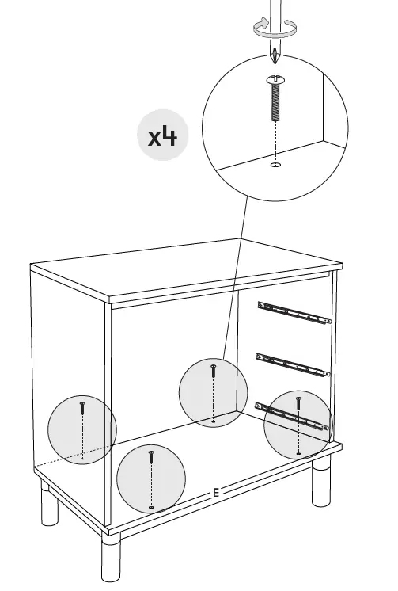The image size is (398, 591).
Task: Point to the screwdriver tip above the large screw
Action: pos(275,57)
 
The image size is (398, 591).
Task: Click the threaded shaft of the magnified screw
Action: pos(275,101)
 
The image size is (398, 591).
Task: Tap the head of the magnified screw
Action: pos(275,79)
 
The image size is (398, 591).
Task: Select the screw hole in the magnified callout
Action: pos(275,166)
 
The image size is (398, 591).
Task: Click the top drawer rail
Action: pos(294,312)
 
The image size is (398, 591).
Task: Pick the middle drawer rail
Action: pos(294,363)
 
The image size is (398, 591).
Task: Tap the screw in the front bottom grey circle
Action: pos(151,459)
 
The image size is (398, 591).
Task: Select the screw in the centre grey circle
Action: pos(213,371)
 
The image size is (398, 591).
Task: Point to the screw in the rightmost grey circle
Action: pos(298,405)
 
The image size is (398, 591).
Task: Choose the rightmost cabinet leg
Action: pos(321,485)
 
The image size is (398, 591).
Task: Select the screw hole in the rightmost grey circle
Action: pos(298,453)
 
